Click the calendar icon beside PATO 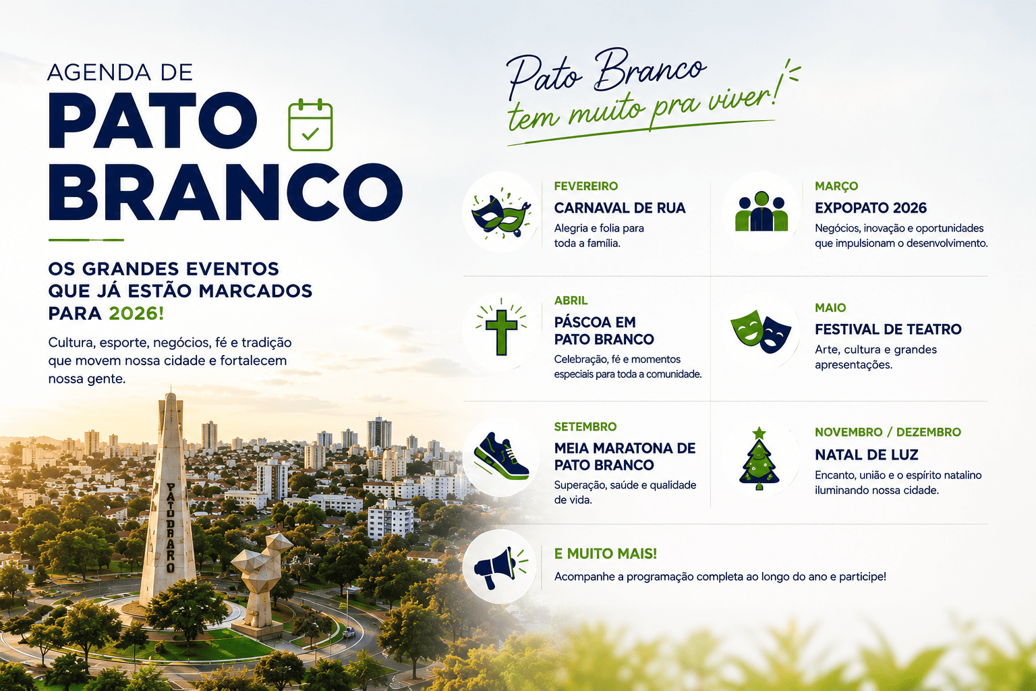310,124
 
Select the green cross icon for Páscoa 501,331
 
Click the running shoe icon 501,456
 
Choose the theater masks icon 761,331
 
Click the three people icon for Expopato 761,211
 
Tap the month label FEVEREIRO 586,186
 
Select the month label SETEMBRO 585,426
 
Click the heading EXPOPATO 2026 871,208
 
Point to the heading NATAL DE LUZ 867,455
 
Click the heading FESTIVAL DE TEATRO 888,329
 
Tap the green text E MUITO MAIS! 606,553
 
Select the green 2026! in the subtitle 136,313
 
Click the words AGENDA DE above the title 120,73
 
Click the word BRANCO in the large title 226,192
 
